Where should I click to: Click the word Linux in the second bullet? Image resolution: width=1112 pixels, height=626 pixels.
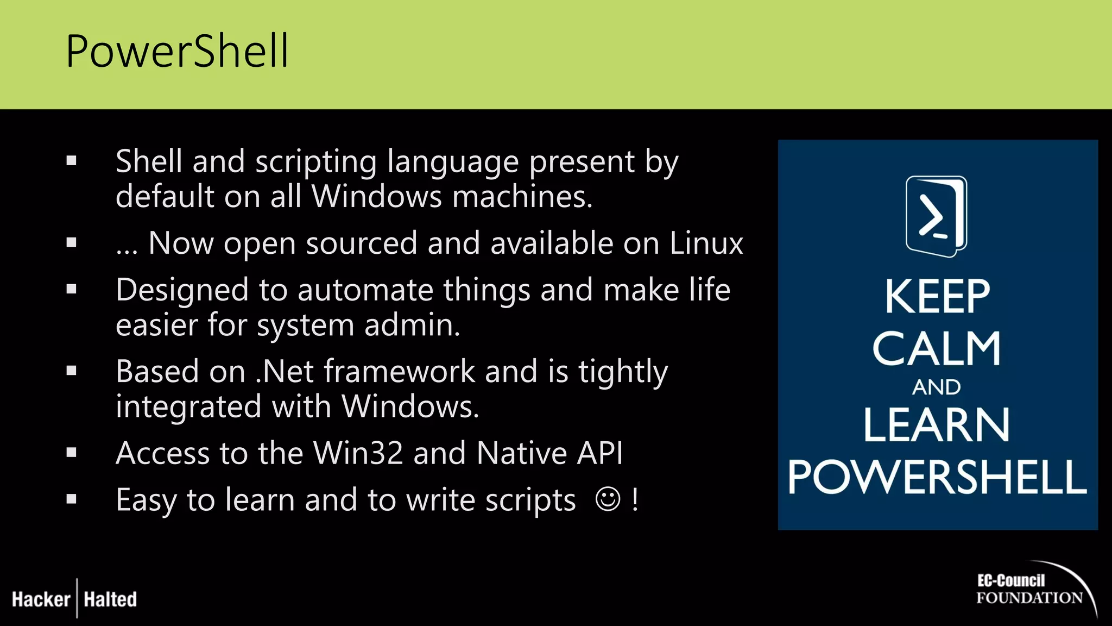(706, 243)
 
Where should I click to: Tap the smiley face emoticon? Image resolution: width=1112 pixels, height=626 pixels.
(608, 499)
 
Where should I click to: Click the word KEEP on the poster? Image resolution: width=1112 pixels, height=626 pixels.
(938, 296)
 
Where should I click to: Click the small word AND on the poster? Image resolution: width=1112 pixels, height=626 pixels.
(937, 387)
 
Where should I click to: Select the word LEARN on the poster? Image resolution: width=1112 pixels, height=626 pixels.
(937, 424)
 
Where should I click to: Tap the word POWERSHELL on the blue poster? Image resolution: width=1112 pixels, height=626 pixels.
(937, 477)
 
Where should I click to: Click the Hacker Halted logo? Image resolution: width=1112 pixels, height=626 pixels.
(74, 599)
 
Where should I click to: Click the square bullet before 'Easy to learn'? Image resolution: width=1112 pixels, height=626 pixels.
(71, 499)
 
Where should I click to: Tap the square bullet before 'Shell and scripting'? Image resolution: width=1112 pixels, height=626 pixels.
(71, 161)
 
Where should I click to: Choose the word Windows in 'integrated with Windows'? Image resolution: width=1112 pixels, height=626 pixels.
(410, 406)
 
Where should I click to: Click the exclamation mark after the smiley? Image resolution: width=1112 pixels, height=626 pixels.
(635, 499)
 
